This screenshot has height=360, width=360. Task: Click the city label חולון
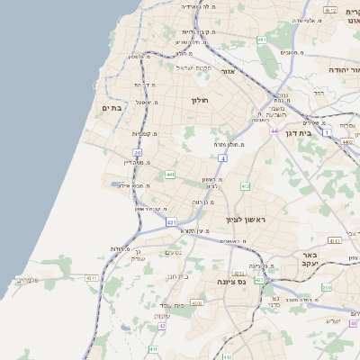[200, 100]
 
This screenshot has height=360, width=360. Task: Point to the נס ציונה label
[231, 282]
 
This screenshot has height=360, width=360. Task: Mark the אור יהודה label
[343, 69]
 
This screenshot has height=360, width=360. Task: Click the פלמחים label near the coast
[28, 280]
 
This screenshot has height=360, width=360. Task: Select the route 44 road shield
[274, 131]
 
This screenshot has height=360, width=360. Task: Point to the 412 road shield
[246, 186]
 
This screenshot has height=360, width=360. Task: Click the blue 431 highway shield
[171, 221]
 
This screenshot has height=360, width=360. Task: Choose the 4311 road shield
[92, 279]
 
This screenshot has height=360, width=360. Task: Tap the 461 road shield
[262, 40]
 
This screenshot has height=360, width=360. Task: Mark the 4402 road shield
[348, 141]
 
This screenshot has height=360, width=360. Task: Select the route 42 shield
[162, 325]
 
